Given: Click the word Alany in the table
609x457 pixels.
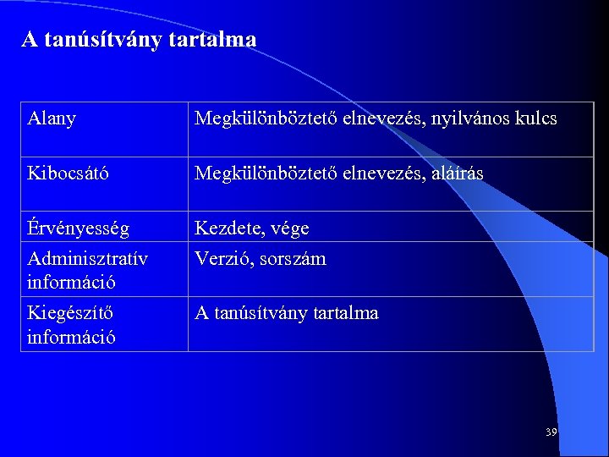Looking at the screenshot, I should tap(52, 119).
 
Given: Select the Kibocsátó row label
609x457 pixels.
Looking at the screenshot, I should tap(68, 173).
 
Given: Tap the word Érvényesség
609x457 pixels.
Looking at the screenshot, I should tap(79, 228).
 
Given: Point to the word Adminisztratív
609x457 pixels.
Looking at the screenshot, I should tap(88, 258).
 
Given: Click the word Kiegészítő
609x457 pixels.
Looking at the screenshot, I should tap(70, 313).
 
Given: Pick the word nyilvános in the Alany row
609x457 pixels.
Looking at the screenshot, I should tap(469, 119).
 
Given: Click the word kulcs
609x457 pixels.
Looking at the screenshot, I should tap(535, 119).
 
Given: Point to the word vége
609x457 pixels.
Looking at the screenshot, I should tap(289, 229).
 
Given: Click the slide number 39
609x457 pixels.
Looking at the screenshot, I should tap(551, 432).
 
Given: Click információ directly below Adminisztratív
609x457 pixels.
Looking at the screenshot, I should tap(71, 282).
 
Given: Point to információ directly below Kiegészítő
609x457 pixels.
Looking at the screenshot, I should tap(71, 337).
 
